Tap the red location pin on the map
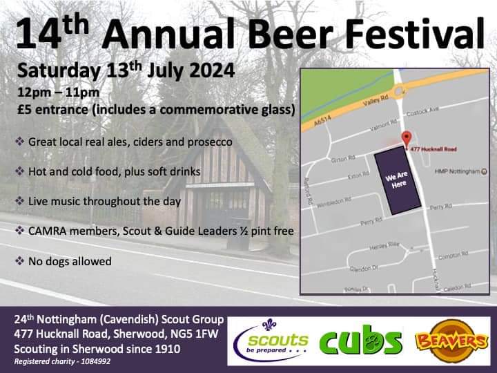(407, 138)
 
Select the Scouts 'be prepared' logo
(271, 341)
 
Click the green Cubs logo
(360, 341)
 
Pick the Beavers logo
(448, 340)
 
